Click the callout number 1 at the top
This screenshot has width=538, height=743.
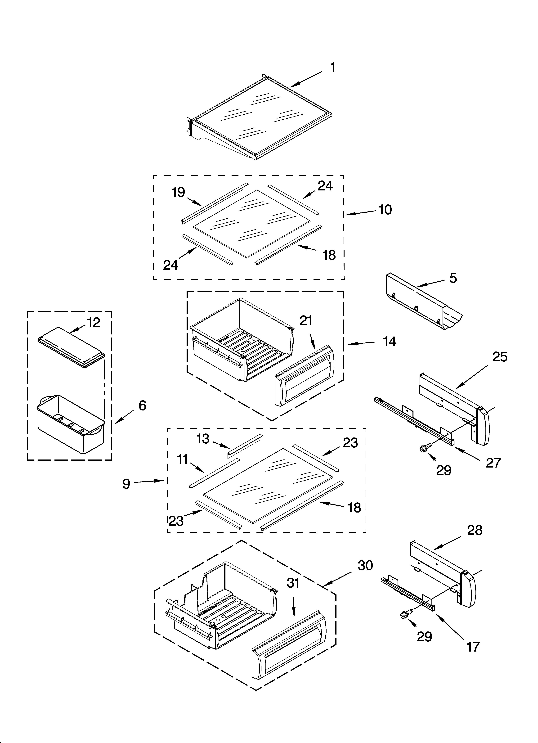[x=333, y=68]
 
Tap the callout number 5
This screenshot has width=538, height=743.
[x=453, y=278]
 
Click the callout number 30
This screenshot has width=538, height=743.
[x=365, y=565]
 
